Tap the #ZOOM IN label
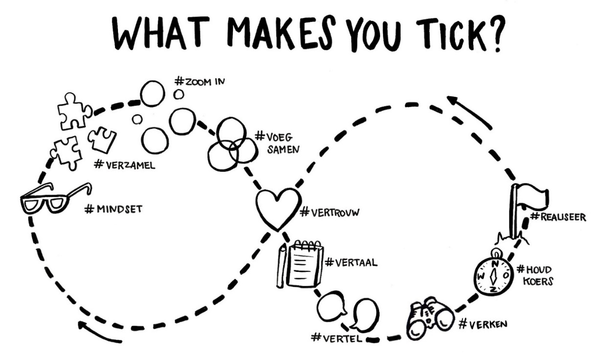tap(199, 81)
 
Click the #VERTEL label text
tap(338, 337)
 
